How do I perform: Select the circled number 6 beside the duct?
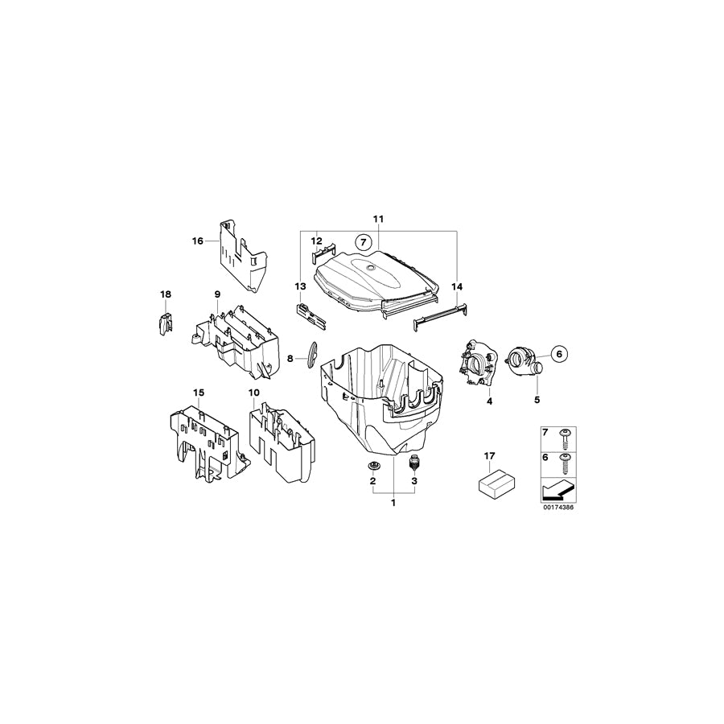coord(560,351)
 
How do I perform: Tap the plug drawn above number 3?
coord(415,463)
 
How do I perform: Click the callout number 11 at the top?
coord(378,219)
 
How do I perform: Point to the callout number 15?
coord(199,393)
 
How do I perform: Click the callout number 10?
coord(253,393)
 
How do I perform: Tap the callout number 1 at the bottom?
coord(393,504)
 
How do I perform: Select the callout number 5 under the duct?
coord(537,399)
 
